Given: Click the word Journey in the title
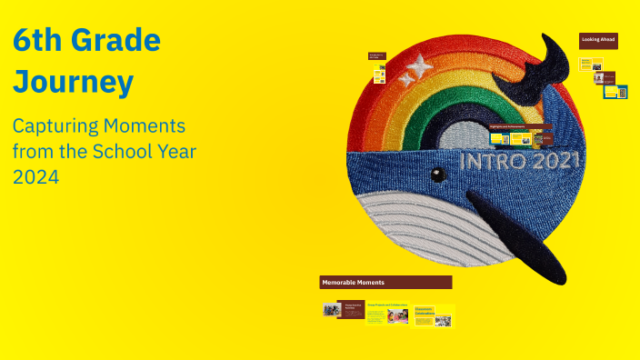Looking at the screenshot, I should [74, 82].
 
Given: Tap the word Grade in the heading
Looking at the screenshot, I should [117, 40].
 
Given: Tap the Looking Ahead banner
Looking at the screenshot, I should [598, 40].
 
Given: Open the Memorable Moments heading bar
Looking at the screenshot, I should [385, 283].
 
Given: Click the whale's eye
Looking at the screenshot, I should [438, 174].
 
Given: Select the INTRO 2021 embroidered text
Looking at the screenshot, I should [522, 162].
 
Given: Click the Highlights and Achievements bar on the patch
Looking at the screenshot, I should [519, 126].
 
